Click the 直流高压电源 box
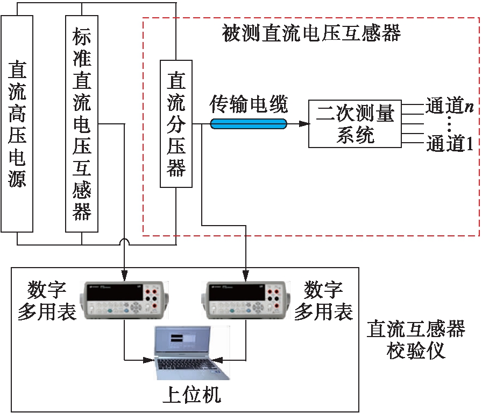click(17, 123)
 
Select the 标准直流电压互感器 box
click(82, 123)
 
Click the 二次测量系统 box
click(355, 123)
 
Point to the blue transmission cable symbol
click(249, 124)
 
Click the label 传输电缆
click(249, 104)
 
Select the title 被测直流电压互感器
click(311, 33)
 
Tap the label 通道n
click(450, 106)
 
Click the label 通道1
click(450, 144)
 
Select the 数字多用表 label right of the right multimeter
click(323, 301)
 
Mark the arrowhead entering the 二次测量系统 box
click(304, 124)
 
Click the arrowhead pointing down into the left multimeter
click(124, 272)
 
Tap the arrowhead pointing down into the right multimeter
click(246, 272)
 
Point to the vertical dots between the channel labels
click(450, 125)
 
